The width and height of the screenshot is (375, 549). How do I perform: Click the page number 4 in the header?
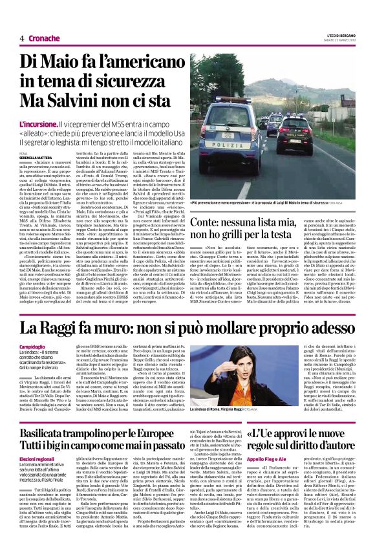(23, 38)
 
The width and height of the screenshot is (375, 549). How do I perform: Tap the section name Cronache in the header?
(45, 38)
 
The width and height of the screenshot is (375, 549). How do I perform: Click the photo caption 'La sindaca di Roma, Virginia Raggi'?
(248, 408)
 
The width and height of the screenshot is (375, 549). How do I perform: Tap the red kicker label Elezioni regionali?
(57, 458)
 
